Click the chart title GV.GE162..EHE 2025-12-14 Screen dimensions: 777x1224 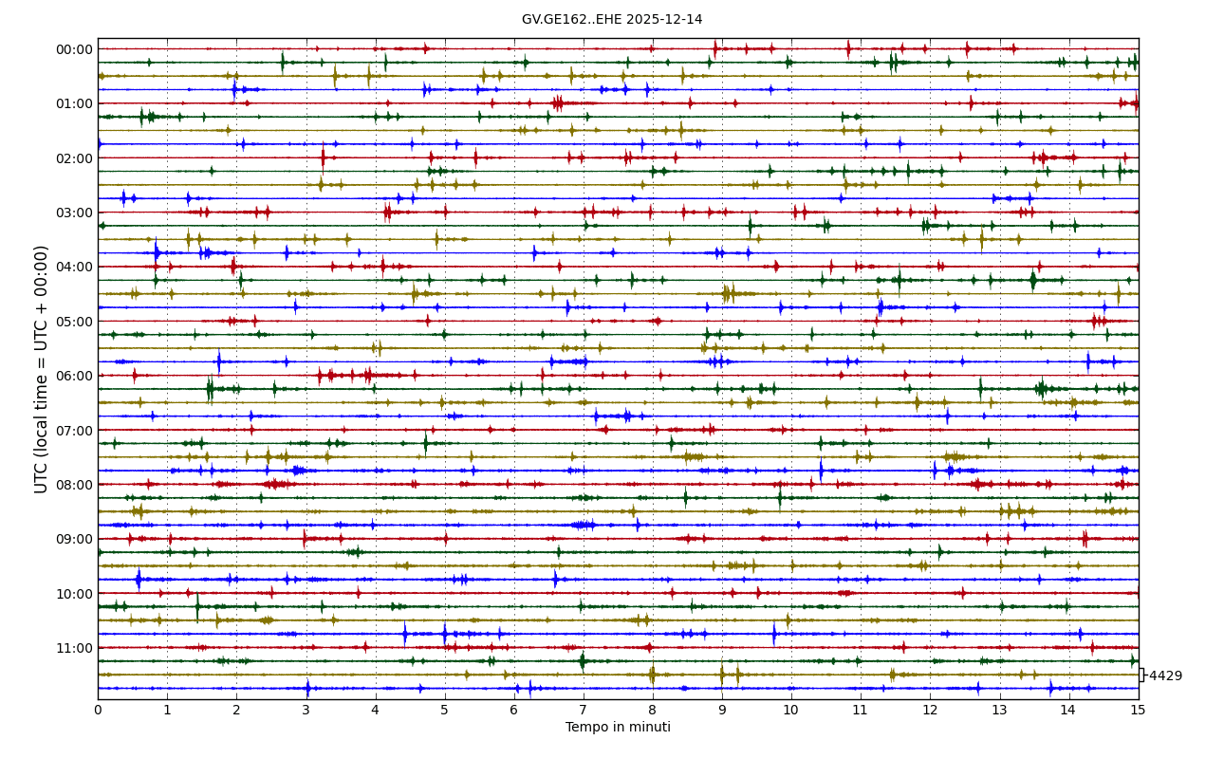[612, 19]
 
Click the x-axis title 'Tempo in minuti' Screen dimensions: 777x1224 [618, 728]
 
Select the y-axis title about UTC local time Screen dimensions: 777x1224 [42, 369]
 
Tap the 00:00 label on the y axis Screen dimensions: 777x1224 [75, 49]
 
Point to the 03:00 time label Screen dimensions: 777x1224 [75, 213]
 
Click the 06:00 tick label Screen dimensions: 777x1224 [75, 376]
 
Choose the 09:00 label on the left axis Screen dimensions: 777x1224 [75, 539]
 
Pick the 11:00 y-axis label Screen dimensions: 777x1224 [75, 648]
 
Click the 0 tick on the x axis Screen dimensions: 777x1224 [98, 710]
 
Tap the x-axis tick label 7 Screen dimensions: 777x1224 [584, 710]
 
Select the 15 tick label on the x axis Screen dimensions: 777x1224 [1138, 710]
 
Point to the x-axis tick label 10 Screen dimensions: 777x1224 [791, 710]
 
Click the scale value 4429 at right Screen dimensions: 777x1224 [1165, 676]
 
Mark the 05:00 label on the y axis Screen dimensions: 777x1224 [75, 322]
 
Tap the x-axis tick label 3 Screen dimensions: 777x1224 [306, 710]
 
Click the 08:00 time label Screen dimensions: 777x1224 [75, 485]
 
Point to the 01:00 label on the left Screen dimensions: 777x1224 [75, 103]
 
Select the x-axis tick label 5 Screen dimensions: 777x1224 [444, 710]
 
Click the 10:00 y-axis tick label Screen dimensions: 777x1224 [75, 594]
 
